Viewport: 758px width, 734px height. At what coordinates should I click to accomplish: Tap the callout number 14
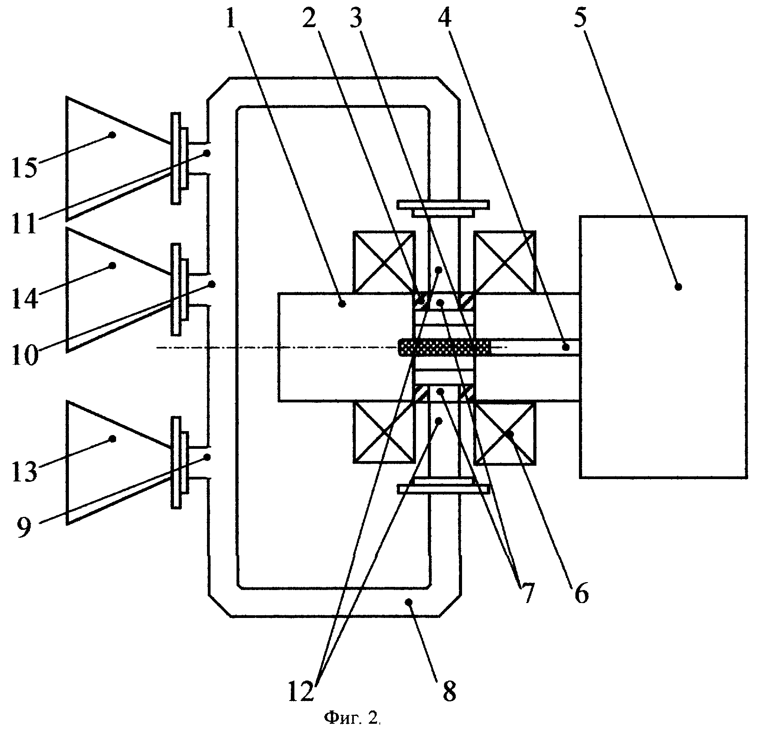[24, 299]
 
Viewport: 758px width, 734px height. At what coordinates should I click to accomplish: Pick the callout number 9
[24, 527]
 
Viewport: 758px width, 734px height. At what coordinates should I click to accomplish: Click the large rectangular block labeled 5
[663, 347]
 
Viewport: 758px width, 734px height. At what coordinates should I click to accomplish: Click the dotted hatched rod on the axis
[445, 347]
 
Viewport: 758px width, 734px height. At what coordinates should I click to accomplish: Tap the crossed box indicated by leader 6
[505, 432]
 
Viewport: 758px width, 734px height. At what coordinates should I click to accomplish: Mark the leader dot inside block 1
[342, 304]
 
